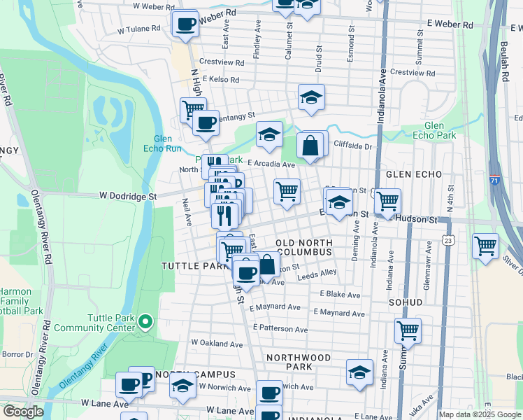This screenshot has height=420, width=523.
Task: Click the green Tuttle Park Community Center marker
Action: coord(145,322)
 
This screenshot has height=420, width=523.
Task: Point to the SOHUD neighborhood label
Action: coord(406,302)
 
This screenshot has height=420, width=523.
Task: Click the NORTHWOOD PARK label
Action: coord(299,362)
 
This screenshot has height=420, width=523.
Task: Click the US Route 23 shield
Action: coord(448,240)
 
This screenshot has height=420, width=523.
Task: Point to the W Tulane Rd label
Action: coord(139,30)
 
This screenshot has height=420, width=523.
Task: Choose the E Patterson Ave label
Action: coord(280,328)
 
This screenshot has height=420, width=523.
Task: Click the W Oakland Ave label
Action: coord(217,344)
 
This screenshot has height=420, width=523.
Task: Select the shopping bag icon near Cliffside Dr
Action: coord(310,146)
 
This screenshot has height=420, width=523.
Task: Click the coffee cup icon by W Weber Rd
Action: coord(185,24)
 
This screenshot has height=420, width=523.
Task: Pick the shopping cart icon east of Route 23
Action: coord(485,246)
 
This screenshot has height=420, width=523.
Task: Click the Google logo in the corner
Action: coord(23,412)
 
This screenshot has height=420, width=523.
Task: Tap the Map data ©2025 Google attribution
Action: coord(480,414)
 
